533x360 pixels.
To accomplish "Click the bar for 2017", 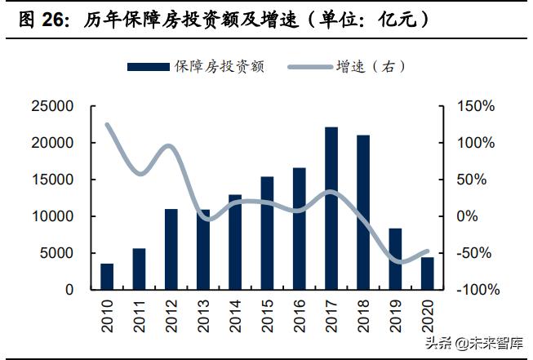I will [x=331, y=208].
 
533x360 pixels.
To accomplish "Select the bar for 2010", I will [x=107, y=276].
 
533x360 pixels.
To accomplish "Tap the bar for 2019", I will [x=395, y=259].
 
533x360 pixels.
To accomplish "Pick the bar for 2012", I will [x=171, y=249].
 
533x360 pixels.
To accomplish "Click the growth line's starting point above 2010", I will [x=107, y=124].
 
